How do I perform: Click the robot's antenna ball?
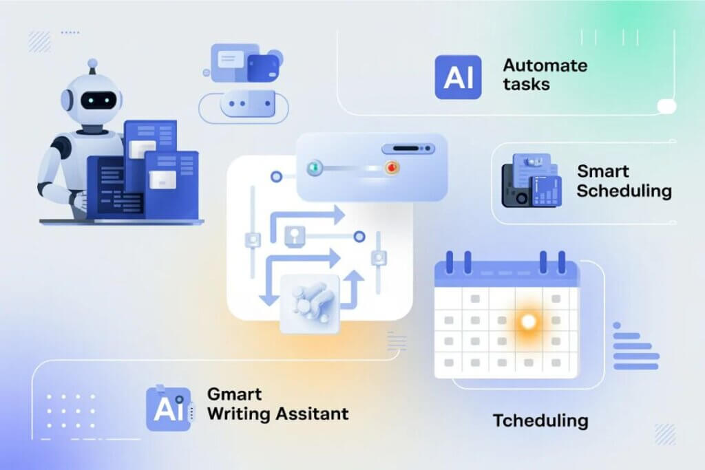click(93, 63)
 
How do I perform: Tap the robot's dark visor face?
click(98, 100)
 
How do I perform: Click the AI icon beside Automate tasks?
click(458, 77)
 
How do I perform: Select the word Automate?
click(545, 65)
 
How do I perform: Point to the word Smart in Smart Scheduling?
click(603, 171)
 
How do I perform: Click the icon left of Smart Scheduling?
click(532, 180)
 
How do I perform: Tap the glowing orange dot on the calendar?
click(528, 321)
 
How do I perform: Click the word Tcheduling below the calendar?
click(540, 420)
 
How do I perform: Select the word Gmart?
click(234, 394)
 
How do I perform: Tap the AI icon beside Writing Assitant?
click(169, 409)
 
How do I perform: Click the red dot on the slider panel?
click(392, 168)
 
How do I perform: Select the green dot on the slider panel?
click(315, 168)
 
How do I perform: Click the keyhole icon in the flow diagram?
click(295, 235)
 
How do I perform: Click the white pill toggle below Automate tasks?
click(666, 107)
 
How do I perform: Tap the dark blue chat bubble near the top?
click(263, 68)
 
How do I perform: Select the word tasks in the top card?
click(526, 85)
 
